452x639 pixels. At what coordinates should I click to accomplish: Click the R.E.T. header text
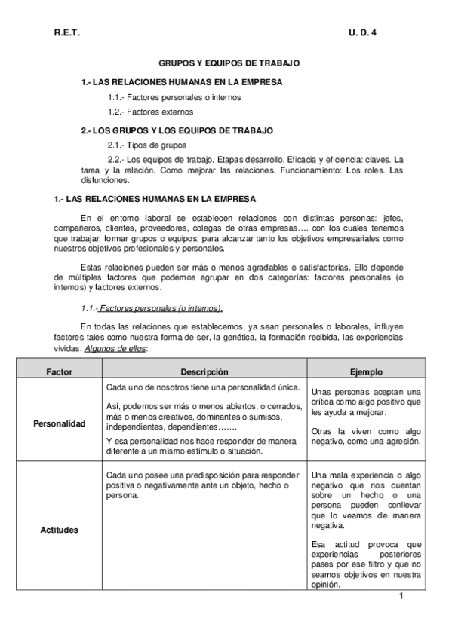pyautogui.click(x=66, y=34)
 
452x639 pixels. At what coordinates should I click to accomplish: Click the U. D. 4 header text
pyautogui.click(x=363, y=34)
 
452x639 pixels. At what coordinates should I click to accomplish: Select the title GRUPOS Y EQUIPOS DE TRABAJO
pyautogui.click(x=229, y=65)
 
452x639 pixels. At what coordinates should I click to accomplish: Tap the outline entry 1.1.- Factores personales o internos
pyautogui.click(x=174, y=97)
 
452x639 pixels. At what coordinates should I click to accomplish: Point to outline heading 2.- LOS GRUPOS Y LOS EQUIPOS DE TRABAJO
pyautogui.click(x=177, y=130)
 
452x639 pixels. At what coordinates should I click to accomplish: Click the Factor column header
pyautogui.click(x=59, y=372)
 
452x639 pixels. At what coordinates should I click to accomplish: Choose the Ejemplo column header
pyautogui.click(x=366, y=372)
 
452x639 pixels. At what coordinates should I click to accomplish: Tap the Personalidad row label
pyautogui.click(x=59, y=424)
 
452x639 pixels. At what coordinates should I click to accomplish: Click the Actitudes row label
pyautogui.click(x=59, y=530)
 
